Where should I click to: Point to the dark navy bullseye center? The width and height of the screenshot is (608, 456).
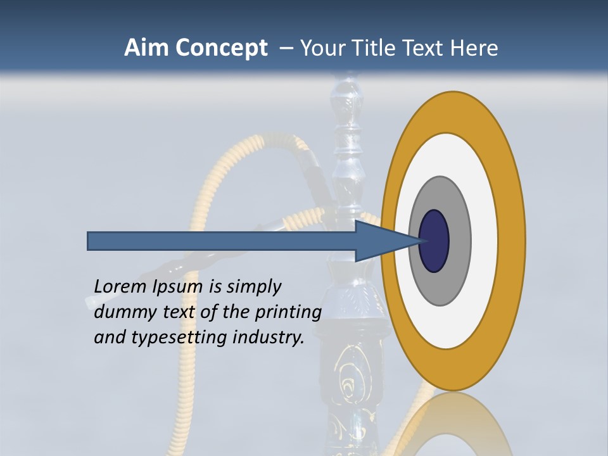point(434,241)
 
